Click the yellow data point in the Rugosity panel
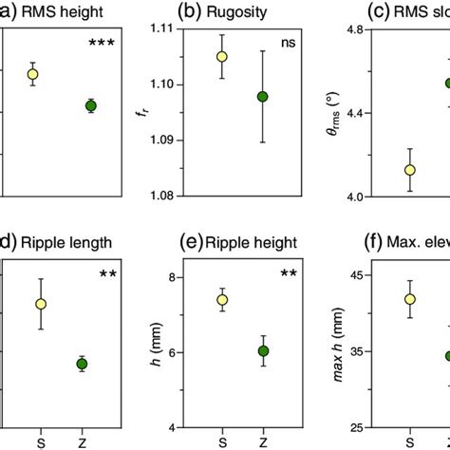pos(222,56)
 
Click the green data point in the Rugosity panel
pos(263,97)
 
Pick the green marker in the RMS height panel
pos(90,105)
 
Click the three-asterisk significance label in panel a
pos(101,44)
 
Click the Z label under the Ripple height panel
pos(263,441)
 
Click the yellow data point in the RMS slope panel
pos(410,170)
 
